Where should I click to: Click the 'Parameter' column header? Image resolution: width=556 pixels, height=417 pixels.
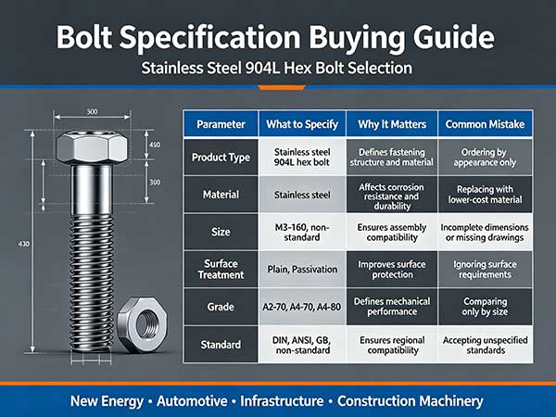221,124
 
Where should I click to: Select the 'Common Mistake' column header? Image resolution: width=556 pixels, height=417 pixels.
485,124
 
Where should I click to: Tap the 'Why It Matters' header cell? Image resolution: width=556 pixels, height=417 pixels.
392,124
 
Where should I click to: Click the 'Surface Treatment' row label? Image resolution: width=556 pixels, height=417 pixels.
221,269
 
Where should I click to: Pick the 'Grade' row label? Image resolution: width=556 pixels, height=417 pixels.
221,307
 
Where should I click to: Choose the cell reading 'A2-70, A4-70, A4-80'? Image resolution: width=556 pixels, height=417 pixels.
302,307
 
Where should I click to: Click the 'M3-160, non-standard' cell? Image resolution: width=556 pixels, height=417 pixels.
302,232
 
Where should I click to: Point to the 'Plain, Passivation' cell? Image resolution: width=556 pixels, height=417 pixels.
302,269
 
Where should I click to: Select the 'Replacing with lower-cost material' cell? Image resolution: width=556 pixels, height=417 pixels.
485,195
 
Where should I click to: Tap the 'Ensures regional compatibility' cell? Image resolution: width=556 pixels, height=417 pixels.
392,345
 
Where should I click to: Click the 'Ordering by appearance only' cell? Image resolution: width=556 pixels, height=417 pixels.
485,158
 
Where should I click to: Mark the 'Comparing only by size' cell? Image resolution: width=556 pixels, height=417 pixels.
485,307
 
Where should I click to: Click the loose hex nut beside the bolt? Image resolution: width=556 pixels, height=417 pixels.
143,325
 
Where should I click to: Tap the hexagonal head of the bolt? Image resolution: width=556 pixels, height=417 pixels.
92,146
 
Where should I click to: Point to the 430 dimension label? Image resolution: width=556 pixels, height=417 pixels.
24,244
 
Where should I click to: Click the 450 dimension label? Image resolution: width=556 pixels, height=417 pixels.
155,145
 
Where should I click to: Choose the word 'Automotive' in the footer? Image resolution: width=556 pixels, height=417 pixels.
192,401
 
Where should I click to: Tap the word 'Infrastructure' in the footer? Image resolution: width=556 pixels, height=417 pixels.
282,401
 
